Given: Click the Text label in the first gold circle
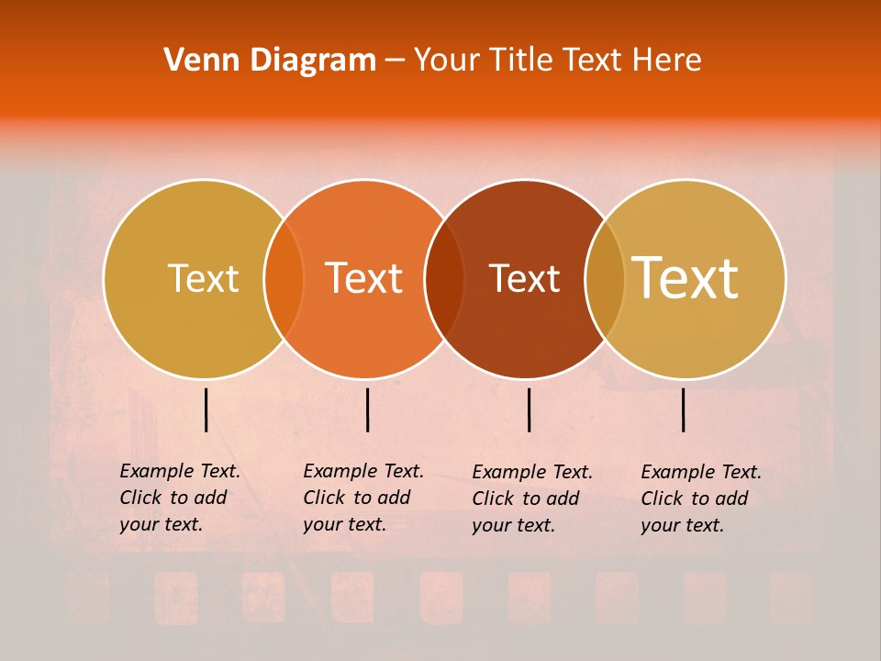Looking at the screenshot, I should [x=203, y=278].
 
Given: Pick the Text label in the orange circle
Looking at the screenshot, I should [x=364, y=278].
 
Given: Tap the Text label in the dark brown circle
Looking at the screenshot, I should [x=524, y=278].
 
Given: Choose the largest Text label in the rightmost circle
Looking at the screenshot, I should [x=686, y=278].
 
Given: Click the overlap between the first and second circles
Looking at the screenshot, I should [x=284, y=278].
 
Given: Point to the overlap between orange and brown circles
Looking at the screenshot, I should [x=444, y=278].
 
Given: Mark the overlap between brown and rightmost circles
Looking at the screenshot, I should [x=605, y=278].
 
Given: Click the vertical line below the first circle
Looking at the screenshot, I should [x=206, y=409].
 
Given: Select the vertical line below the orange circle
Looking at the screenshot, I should [x=367, y=409].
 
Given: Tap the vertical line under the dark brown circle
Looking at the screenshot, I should [x=529, y=409].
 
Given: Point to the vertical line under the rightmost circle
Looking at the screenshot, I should [x=683, y=409].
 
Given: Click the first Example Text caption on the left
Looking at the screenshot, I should [x=179, y=498].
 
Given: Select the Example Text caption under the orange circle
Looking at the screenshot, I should [x=362, y=498].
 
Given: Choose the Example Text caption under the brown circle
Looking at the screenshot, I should [x=531, y=499].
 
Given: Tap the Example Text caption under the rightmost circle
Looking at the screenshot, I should [x=700, y=499].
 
